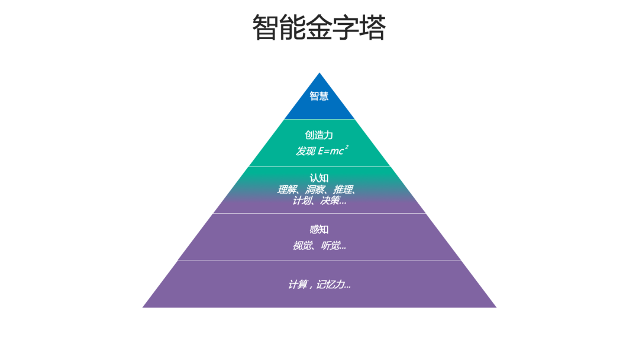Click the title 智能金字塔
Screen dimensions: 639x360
tap(319, 27)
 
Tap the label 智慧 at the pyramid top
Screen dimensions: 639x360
tap(319, 96)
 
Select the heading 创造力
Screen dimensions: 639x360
tap(319, 135)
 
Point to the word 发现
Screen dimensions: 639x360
tap(306, 151)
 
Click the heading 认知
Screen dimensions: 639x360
tap(319, 178)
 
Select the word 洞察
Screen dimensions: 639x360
tap(315, 189)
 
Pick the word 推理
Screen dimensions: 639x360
tap(344, 189)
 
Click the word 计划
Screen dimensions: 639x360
tap(302, 201)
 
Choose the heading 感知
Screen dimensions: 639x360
tap(319, 230)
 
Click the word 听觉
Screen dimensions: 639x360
tap(331, 246)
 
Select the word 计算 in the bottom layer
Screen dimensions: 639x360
tap(298, 285)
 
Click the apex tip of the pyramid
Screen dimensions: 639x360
tap(319, 73)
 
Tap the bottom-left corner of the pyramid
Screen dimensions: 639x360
tap(143, 307)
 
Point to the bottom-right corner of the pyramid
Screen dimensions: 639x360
tap(496, 307)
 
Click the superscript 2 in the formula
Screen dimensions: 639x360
tap(347, 146)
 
